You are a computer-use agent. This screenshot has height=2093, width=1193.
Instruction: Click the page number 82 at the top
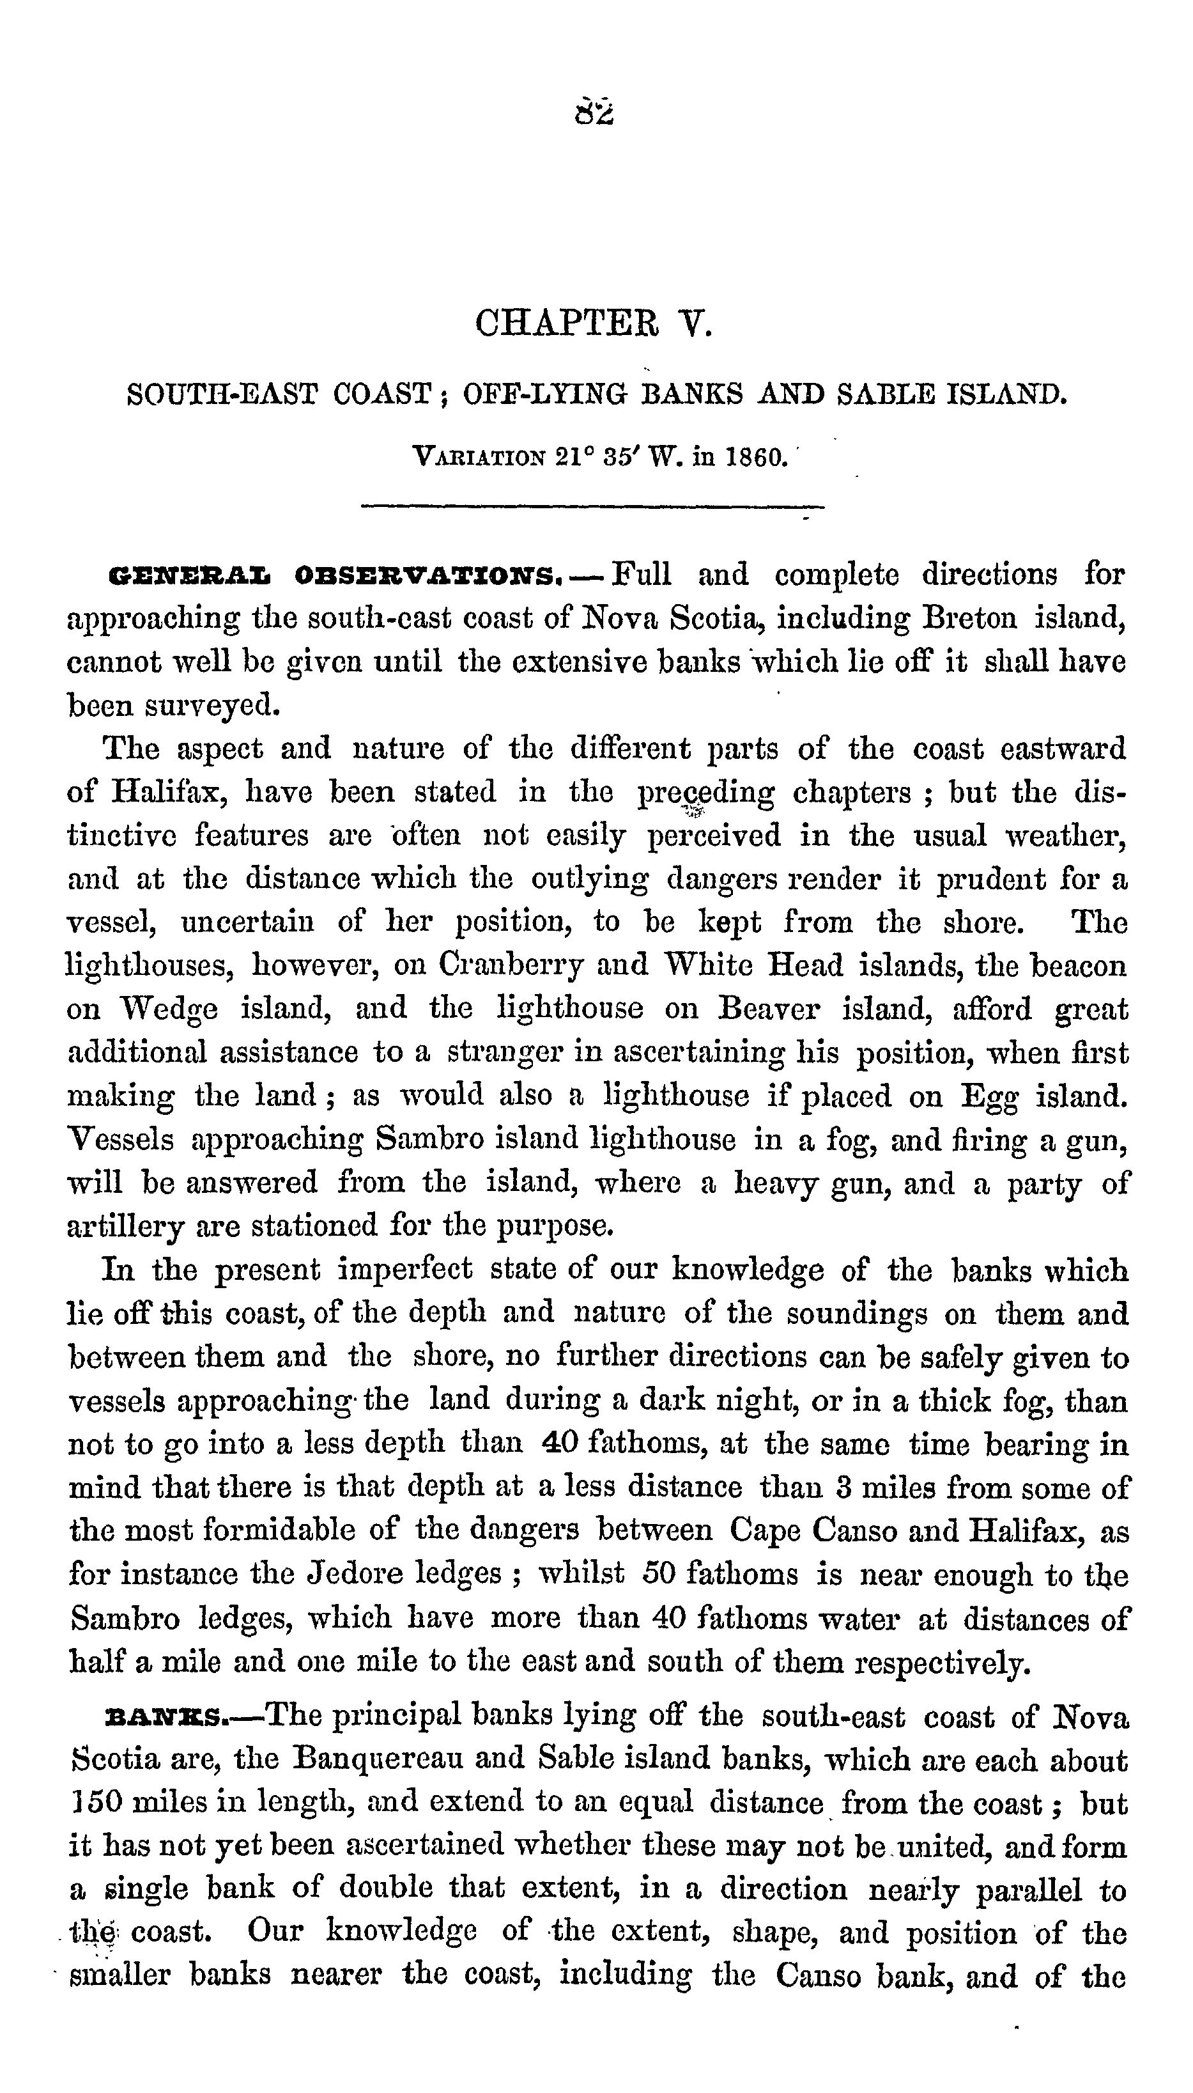pos(595,111)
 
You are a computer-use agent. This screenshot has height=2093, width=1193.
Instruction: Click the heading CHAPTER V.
pos(595,323)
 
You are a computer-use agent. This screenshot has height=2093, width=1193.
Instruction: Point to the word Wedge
pos(169,1009)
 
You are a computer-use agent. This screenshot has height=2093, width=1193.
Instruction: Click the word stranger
pos(504,1052)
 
